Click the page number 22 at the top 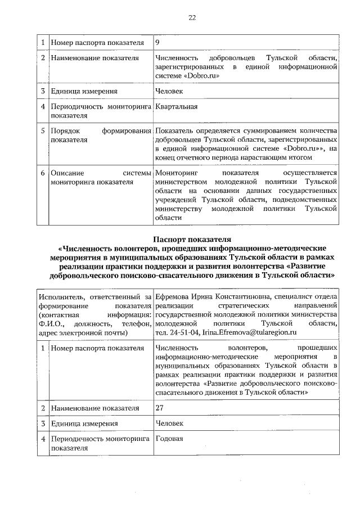click(x=191, y=18)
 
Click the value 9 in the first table click(x=157, y=43)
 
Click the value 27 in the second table click(x=160, y=407)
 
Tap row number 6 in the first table click(x=43, y=173)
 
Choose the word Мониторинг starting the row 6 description click(x=177, y=173)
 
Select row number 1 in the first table click(x=43, y=43)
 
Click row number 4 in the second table click(x=43, y=439)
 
